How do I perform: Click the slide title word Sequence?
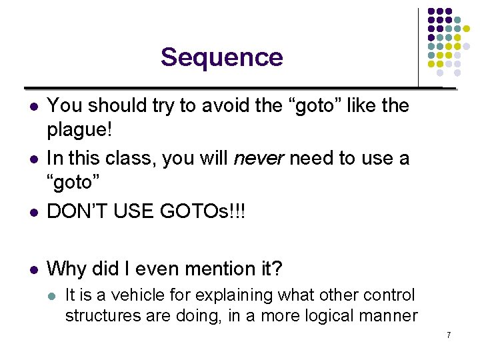221,57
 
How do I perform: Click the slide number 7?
449,335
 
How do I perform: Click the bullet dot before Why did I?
34,270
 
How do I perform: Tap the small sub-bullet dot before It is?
52,295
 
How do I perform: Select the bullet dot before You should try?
34,106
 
